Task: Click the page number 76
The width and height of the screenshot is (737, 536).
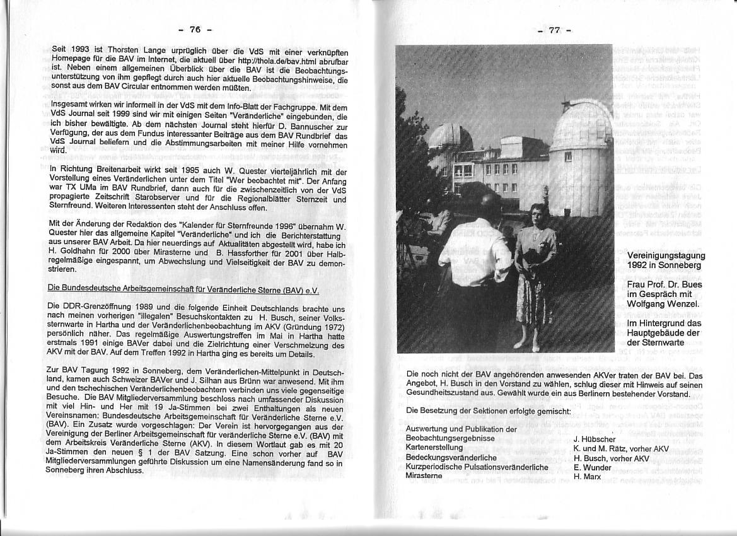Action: [195, 30]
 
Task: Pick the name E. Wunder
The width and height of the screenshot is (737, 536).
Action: [593, 467]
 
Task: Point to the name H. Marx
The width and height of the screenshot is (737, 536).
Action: [587, 477]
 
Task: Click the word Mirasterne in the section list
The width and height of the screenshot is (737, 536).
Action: [424, 476]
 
